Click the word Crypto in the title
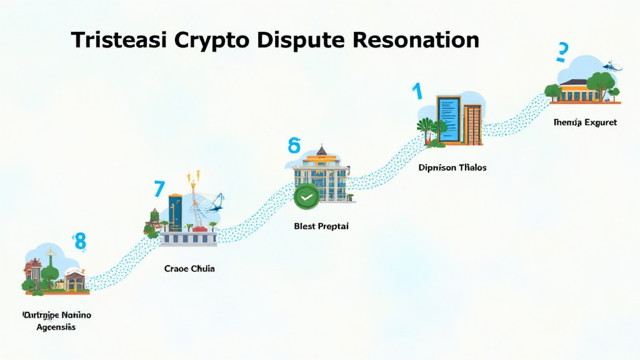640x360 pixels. (x=213, y=40)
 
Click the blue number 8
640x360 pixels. (x=79, y=241)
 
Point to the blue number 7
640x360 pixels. (x=159, y=189)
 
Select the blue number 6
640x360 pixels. (x=294, y=146)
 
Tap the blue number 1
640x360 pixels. (x=417, y=91)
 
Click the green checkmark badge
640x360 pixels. (x=306, y=196)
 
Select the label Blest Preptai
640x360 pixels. (x=321, y=226)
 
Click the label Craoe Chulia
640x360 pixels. (x=189, y=269)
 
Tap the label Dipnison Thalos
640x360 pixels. (x=452, y=167)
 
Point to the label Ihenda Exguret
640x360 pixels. (x=585, y=122)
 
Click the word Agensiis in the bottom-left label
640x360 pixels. (x=56, y=327)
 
